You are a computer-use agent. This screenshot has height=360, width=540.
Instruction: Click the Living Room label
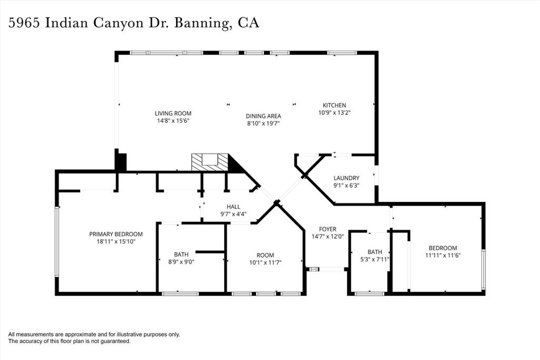[172, 113]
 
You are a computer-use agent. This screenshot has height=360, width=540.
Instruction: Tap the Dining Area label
[263, 116]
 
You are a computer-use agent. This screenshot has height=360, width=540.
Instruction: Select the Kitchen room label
[334, 105]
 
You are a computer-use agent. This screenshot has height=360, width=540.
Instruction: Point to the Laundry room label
[346, 178]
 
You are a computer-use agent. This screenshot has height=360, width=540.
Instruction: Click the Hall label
[234, 207]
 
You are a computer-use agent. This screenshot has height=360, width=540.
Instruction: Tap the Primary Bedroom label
[115, 235]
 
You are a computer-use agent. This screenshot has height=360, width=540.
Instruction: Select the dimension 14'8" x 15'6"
[172, 121]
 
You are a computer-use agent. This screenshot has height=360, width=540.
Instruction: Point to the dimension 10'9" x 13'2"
[334, 112]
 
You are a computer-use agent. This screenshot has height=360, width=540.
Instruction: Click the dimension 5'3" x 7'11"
[374, 259]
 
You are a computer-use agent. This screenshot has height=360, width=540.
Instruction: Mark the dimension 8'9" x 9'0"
[181, 261]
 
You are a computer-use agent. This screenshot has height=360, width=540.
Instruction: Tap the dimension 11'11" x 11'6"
[442, 255]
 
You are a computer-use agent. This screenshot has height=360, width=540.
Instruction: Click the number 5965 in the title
[24, 23]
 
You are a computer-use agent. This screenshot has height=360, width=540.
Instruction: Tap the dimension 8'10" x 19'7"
[263, 123]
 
